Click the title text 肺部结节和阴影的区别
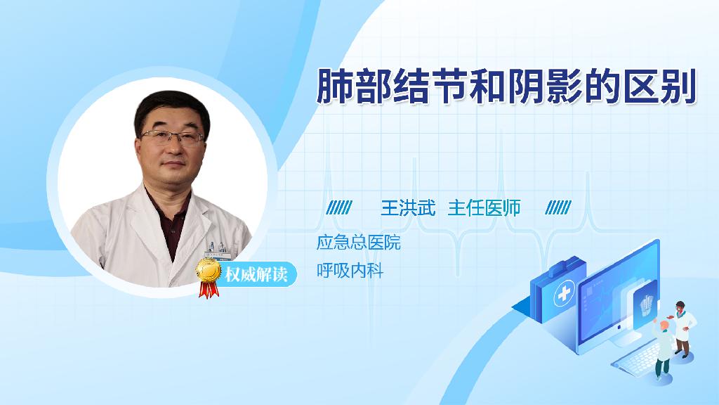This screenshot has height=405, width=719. (507, 86)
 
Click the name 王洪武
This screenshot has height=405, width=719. (408, 208)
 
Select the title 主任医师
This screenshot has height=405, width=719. (484, 208)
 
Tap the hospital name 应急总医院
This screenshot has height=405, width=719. (359, 243)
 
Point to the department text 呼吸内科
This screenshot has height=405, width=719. (350, 271)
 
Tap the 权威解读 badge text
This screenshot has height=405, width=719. (256, 274)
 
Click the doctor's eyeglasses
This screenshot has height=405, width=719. (172, 136)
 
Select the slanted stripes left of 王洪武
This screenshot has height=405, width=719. (339, 208)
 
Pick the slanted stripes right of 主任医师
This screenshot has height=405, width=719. (558, 208)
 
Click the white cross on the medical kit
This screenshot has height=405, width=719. (564, 294)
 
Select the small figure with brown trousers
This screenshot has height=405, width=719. (682, 329)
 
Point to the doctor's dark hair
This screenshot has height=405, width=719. (171, 110)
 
